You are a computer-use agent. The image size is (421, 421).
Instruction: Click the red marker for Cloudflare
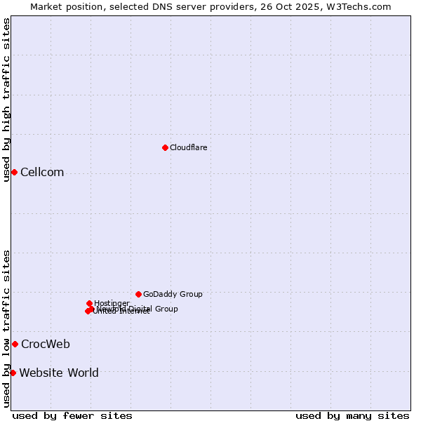click(165, 147)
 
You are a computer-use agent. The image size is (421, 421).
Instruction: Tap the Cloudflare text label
click(188, 147)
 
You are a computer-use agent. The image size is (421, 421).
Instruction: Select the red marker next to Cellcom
click(14, 173)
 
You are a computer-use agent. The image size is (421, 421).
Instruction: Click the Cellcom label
click(42, 173)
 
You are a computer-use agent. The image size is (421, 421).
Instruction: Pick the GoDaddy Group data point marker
click(138, 294)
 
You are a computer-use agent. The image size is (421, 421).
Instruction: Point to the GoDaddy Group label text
click(173, 294)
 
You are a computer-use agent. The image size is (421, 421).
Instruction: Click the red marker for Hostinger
click(89, 303)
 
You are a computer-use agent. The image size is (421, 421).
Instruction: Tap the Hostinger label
click(112, 303)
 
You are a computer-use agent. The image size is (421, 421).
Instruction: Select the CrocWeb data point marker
click(15, 344)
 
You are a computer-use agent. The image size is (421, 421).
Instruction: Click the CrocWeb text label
click(45, 344)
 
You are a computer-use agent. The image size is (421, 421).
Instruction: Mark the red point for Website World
click(13, 373)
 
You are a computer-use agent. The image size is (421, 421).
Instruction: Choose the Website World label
click(59, 373)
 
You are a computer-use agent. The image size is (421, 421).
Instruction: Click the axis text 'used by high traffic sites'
click(6, 100)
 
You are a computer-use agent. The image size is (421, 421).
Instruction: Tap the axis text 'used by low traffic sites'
click(6, 328)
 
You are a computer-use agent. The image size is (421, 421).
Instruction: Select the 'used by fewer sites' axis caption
click(72, 415)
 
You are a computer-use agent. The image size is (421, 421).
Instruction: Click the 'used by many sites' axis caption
click(352, 415)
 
